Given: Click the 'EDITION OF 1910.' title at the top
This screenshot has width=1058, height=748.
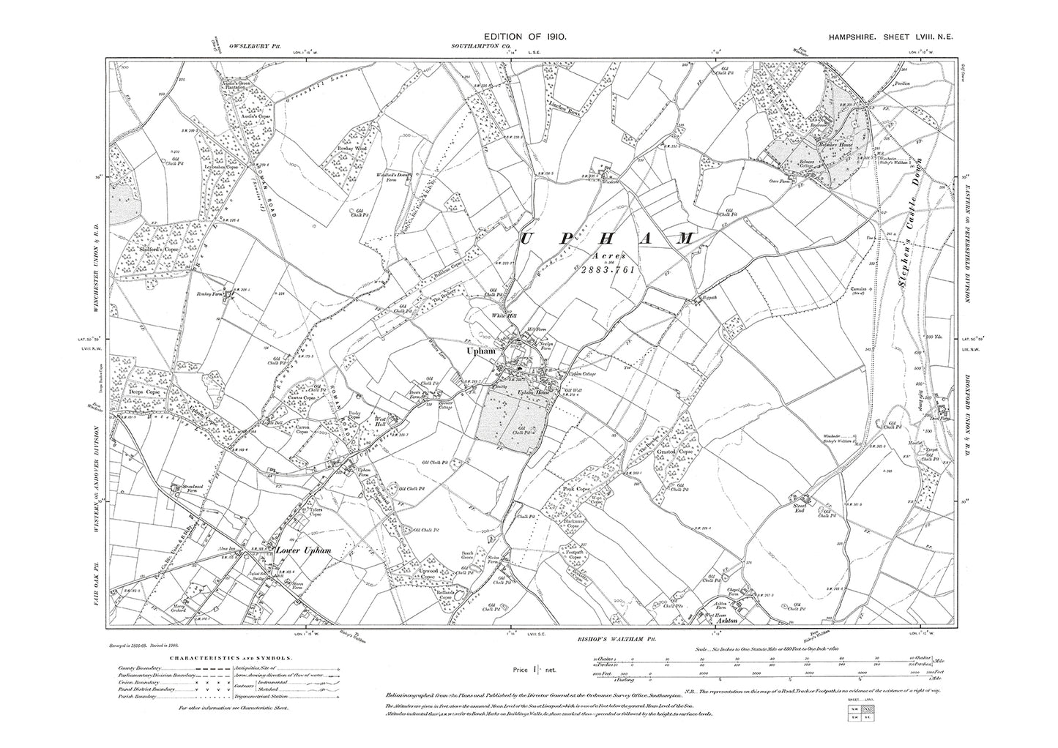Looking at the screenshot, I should (x=521, y=35).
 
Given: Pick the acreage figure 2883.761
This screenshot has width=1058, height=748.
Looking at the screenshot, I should (x=594, y=269).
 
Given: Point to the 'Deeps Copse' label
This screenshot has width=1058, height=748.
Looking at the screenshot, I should (x=143, y=391).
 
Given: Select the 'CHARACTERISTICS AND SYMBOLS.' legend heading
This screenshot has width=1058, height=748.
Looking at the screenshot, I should (x=202, y=659).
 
